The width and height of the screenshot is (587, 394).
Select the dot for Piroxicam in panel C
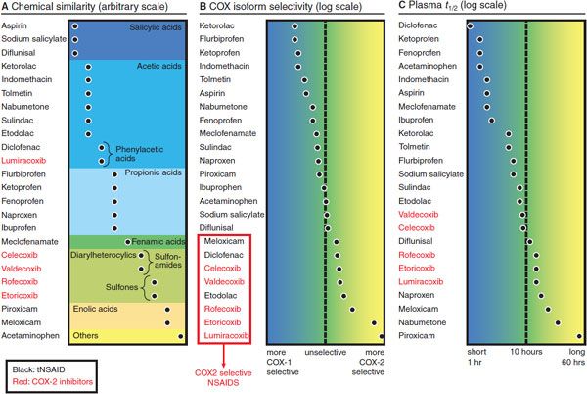(x=579, y=335)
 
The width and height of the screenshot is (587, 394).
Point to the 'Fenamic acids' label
(x=159, y=240)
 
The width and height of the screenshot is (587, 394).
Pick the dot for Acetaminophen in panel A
(x=179, y=335)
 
